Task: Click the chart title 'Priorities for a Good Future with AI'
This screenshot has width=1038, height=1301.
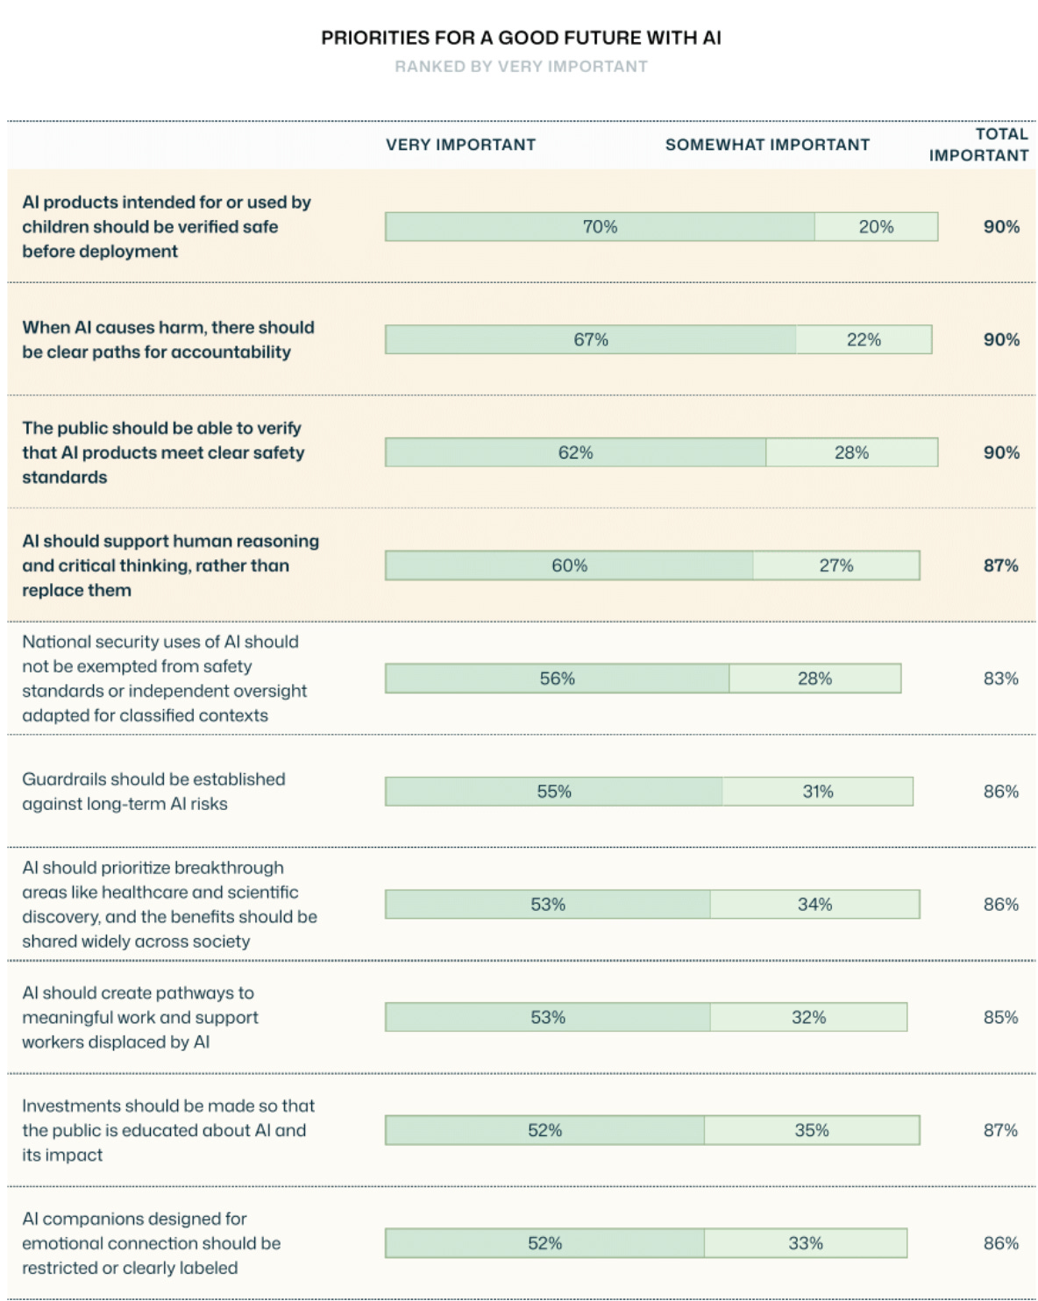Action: tap(521, 38)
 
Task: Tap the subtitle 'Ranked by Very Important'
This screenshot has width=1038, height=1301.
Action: tap(521, 66)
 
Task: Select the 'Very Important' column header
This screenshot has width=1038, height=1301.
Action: tap(460, 145)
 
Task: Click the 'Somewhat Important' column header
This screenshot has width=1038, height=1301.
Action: tap(767, 145)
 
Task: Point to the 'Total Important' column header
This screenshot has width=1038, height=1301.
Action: tap(978, 145)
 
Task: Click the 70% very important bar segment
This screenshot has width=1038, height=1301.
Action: tap(600, 227)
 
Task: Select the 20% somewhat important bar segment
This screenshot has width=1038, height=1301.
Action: tap(877, 227)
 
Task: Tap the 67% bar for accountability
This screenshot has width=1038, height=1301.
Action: tap(591, 339)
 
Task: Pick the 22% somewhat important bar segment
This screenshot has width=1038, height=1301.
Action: tap(864, 339)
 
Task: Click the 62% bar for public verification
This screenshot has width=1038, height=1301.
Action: tap(575, 452)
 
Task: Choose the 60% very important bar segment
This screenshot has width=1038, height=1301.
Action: tap(570, 565)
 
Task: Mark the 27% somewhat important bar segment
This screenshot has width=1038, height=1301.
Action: tap(836, 565)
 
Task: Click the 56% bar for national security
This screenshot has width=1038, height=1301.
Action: tap(558, 679)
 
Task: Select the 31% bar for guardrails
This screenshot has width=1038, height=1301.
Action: tap(818, 792)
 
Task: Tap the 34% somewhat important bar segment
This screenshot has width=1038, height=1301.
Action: tap(815, 905)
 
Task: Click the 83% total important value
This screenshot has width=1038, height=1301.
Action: tap(1001, 679)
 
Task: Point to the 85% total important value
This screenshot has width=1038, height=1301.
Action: tap(1001, 1018)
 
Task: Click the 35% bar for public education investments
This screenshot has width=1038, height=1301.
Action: tap(812, 1131)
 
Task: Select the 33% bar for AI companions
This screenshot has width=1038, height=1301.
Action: tap(806, 1243)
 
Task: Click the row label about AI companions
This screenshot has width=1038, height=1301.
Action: tap(152, 1243)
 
